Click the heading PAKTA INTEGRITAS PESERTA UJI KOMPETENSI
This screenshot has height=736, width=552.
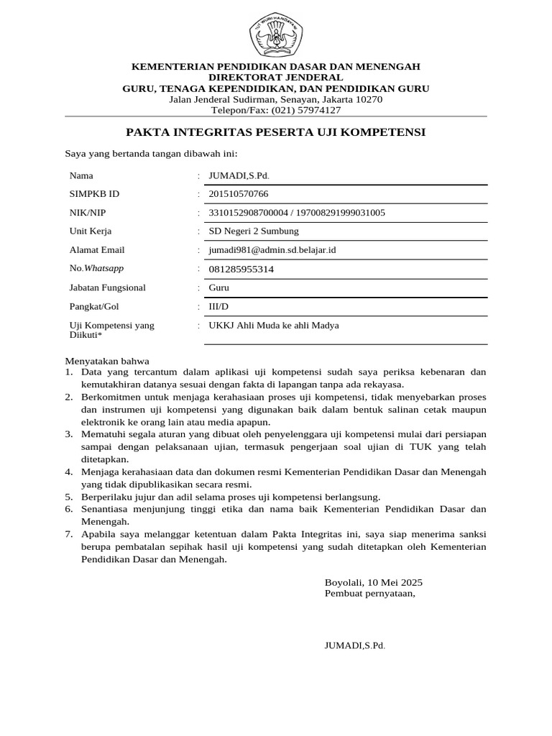click(x=276, y=132)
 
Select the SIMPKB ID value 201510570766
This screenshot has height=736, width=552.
click(x=239, y=194)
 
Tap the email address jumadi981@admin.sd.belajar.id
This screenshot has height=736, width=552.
click(x=272, y=250)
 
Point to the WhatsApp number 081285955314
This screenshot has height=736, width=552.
click(x=241, y=269)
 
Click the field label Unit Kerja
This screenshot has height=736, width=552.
click(x=91, y=231)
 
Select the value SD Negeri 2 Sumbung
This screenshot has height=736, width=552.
click(x=253, y=231)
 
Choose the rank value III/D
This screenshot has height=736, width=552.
click(x=218, y=306)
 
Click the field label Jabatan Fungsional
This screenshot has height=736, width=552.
click(x=107, y=287)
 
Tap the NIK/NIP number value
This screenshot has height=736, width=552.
click(x=296, y=213)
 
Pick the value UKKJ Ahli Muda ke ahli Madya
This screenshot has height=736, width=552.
click(x=273, y=326)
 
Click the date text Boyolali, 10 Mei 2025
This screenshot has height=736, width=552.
click(x=373, y=581)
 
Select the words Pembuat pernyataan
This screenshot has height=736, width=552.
click(x=369, y=594)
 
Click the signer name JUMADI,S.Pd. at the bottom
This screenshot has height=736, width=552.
click(x=355, y=645)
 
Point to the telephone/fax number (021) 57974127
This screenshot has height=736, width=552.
click(x=306, y=110)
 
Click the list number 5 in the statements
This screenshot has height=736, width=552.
click(x=69, y=497)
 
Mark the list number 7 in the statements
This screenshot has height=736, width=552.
click(x=69, y=534)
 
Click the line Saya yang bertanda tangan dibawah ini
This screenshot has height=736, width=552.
click(x=151, y=153)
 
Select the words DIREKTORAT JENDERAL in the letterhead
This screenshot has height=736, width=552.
click(x=275, y=77)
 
